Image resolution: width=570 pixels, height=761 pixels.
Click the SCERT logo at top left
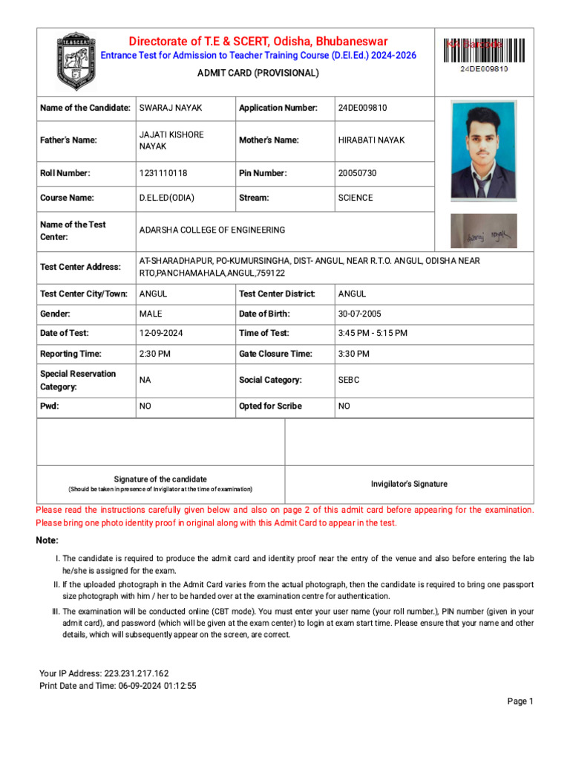pyautogui.click(x=76, y=62)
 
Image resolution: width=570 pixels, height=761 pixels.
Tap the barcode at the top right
pyautogui.click(x=484, y=51)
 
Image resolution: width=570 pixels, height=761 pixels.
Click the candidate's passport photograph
pyautogui.click(x=484, y=151)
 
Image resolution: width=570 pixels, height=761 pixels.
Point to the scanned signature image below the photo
pyautogui.click(x=484, y=232)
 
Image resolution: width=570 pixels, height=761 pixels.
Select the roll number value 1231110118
pyautogui.click(x=163, y=173)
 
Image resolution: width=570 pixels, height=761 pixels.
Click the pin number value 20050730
pyautogui.click(x=357, y=173)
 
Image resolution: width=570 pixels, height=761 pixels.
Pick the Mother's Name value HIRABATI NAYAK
pyautogui.click(x=371, y=140)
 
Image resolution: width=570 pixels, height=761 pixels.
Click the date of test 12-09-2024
pyautogui.click(x=161, y=334)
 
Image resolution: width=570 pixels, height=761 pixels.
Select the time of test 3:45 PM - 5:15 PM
pyautogui.click(x=373, y=334)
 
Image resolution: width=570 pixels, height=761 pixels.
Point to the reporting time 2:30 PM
pyautogui.click(x=155, y=354)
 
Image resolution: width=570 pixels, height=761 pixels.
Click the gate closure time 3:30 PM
pyautogui.click(x=353, y=354)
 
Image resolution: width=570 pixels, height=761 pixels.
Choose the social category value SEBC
pyautogui.click(x=349, y=380)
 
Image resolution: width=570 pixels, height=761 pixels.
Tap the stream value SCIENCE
pyautogui.click(x=356, y=198)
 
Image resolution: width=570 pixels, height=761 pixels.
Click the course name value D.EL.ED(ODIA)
pyautogui.click(x=167, y=198)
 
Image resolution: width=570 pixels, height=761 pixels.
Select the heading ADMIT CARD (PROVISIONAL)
pyautogui.click(x=258, y=73)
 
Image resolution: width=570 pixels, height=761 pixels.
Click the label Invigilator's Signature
pyautogui.click(x=409, y=484)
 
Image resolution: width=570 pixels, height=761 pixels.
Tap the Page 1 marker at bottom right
pyautogui.click(x=520, y=702)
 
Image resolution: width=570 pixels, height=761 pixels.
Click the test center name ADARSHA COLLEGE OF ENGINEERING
pyautogui.click(x=212, y=230)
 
